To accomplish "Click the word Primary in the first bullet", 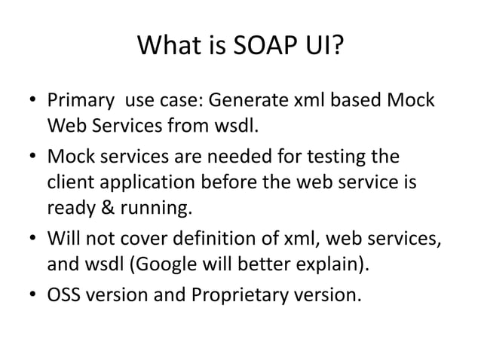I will coord(81,100).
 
